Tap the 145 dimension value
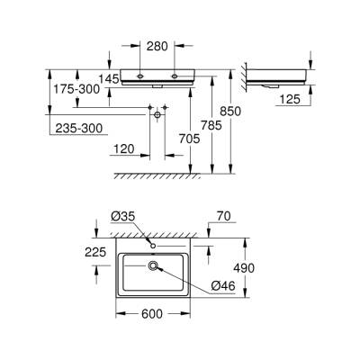click(x=110, y=80)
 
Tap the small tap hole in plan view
click(x=154, y=246)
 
